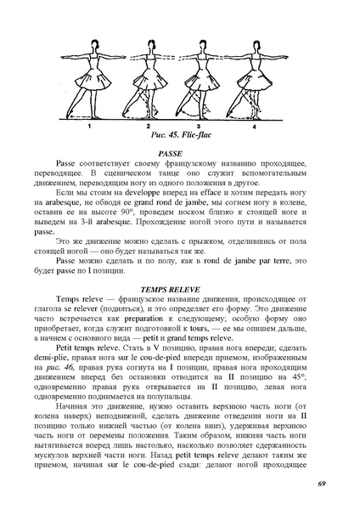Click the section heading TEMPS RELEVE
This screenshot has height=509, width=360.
click(x=179, y=289)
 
